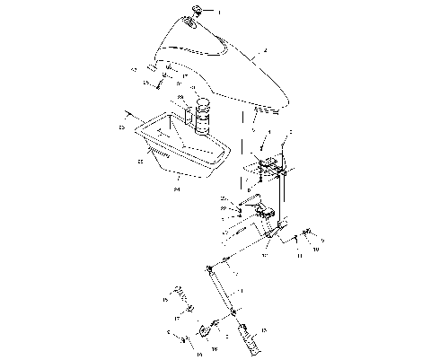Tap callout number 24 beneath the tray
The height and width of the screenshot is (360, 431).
(x=177, y=189)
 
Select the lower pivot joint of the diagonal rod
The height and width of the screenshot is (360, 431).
(x=235, y=312)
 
